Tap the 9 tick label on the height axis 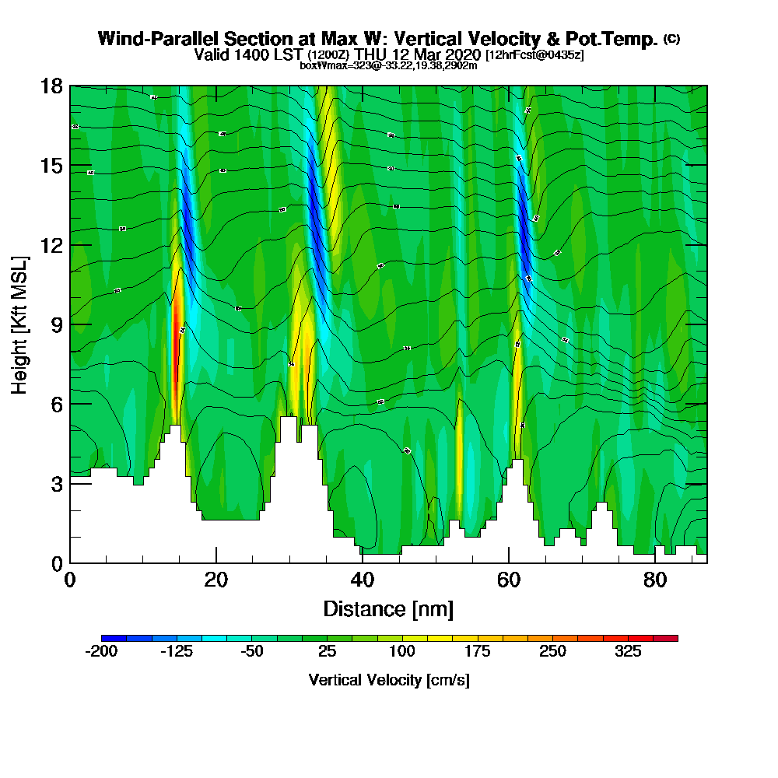[x=56, y=324]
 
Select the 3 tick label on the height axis [x=56, y=484]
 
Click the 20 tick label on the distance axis [x=216, y=580]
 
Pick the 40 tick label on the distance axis [x=362, y=580]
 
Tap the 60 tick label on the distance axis [x=508, y=580]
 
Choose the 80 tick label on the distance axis [x=654, y=580]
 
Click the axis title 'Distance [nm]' [x=388, y=608]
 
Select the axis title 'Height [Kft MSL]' [x=21, y=324]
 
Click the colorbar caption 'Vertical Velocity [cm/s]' [x=389, y=680]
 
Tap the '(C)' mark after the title [x=671, y=38]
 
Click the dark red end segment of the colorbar [x=671, y=638]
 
